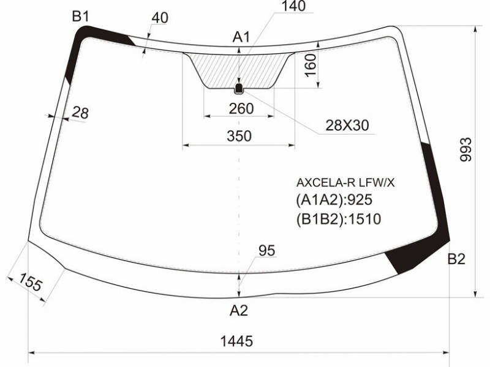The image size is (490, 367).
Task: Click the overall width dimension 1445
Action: coord(236,341)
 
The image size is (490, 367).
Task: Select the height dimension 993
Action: coord(466,149)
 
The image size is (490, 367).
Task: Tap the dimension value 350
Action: coord(239,136)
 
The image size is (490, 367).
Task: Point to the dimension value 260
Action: coord(241,109)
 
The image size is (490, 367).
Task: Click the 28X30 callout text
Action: coord(347,125)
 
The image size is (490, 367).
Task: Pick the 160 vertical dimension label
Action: coord(311,65)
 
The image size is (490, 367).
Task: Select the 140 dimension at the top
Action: coord(294,6)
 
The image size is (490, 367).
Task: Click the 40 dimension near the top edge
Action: coord(160,18)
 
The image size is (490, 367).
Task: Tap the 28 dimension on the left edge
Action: coord(80,113)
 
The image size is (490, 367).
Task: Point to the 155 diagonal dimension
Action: coord(30,282)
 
